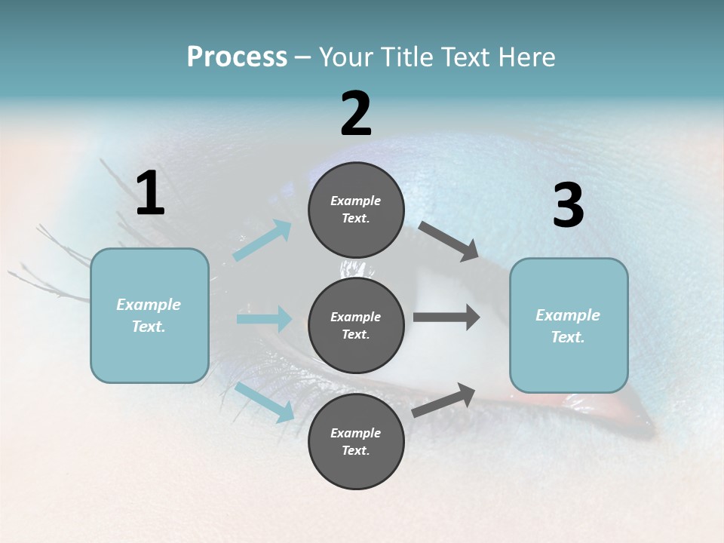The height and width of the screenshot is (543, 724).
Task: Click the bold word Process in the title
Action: [237, 57]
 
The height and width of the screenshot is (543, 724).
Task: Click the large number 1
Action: [150, 194]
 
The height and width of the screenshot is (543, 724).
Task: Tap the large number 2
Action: [356, 114]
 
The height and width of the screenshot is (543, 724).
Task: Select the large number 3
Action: [568, 206]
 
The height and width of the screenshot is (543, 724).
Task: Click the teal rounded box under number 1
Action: [149, 315]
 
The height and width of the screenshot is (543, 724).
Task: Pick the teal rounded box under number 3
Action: [569, 325]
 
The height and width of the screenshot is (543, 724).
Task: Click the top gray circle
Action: [356, 210]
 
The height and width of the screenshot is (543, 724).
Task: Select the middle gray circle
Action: [356, 325]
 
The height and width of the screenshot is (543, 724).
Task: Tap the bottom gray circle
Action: [356, 441]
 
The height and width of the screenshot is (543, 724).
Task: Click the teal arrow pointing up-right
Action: [262, 241]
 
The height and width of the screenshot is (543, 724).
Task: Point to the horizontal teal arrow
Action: [264, 319]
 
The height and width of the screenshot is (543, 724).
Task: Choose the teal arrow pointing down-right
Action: [264, 402]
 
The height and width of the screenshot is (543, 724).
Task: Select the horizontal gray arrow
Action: [446, 318]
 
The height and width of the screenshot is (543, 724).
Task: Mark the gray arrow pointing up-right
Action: [444, 400]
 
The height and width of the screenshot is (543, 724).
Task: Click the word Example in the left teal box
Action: [149, 305]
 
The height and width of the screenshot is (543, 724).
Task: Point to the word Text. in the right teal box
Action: [568, 337]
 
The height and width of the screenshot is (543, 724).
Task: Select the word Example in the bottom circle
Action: [356, 433]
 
